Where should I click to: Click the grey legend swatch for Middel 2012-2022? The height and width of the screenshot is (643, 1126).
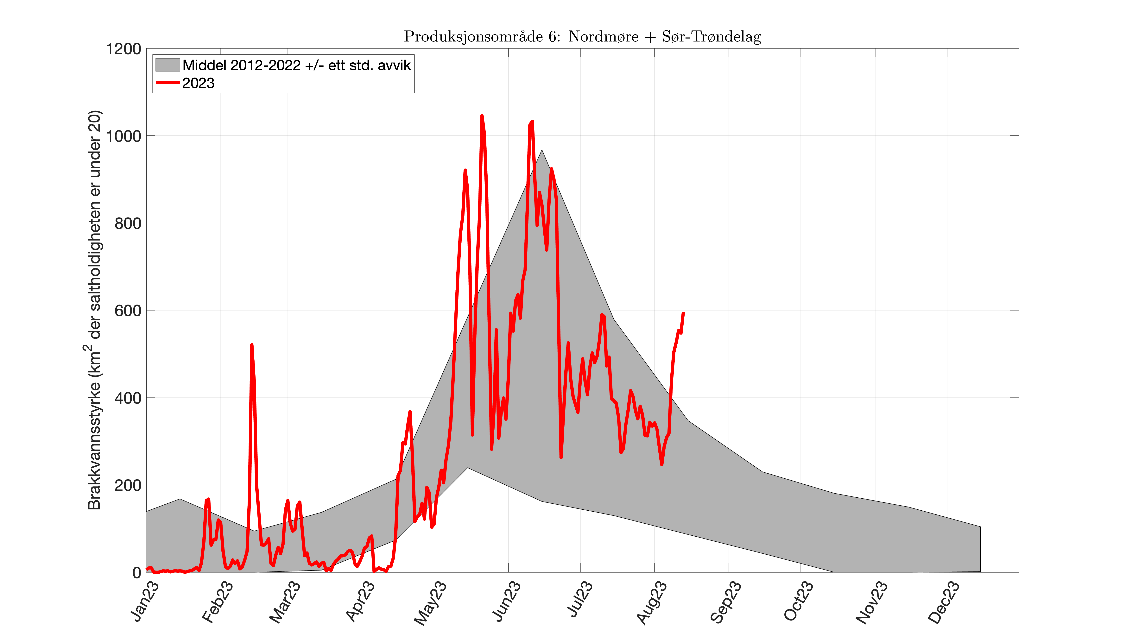point(167,65)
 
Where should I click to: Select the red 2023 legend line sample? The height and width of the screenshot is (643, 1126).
point(167,83)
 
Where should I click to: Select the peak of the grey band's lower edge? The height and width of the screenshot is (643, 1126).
point(468,468)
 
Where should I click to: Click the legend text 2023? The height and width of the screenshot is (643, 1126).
point(198,83)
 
